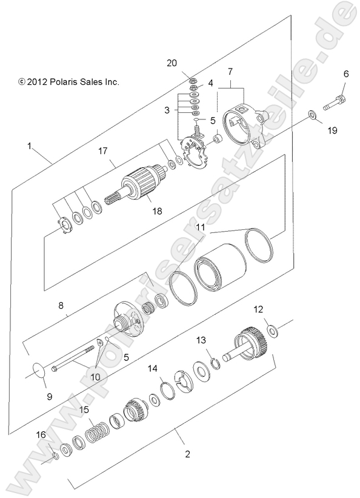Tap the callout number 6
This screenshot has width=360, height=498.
[x=345, y=74]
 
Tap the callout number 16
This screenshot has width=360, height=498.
[x=41, y=434]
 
